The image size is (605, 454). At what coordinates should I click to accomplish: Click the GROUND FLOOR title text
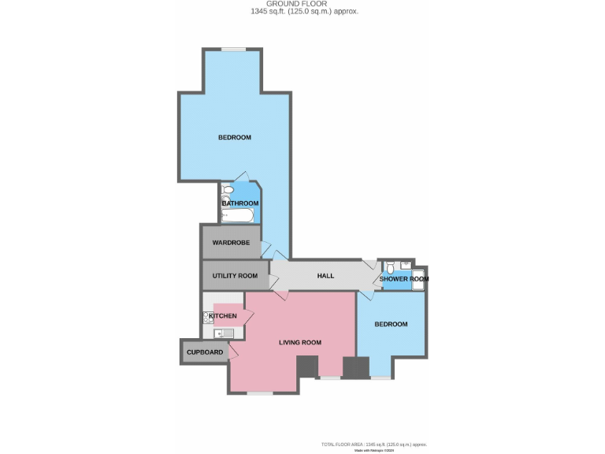[x=302, y=4]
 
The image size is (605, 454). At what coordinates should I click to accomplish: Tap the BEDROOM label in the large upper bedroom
[x=234, y=138]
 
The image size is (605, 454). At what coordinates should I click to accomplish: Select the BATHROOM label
[x=239, y=203]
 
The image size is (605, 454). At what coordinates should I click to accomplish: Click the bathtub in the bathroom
[x=237, y=214]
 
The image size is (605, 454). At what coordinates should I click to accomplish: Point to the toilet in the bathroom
[x=227, y=190]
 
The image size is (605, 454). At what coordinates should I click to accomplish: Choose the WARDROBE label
[x=231, y=243]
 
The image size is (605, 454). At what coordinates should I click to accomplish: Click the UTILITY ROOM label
[x=235, y=276]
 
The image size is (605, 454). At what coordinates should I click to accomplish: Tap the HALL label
[x=325, y=276]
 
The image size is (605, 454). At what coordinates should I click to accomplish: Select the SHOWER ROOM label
[x=404, y=279]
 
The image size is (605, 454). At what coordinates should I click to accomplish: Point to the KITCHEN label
[x=222, y=316]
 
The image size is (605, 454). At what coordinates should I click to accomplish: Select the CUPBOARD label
[x=205, y=352]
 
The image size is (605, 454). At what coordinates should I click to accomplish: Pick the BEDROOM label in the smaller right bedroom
[x=391, y=324]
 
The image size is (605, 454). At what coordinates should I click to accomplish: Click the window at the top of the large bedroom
[x=234, y=50]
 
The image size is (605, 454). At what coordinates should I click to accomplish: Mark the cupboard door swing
[x=233, y=351]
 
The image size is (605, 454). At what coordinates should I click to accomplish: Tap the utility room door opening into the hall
[x=275, y=280]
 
